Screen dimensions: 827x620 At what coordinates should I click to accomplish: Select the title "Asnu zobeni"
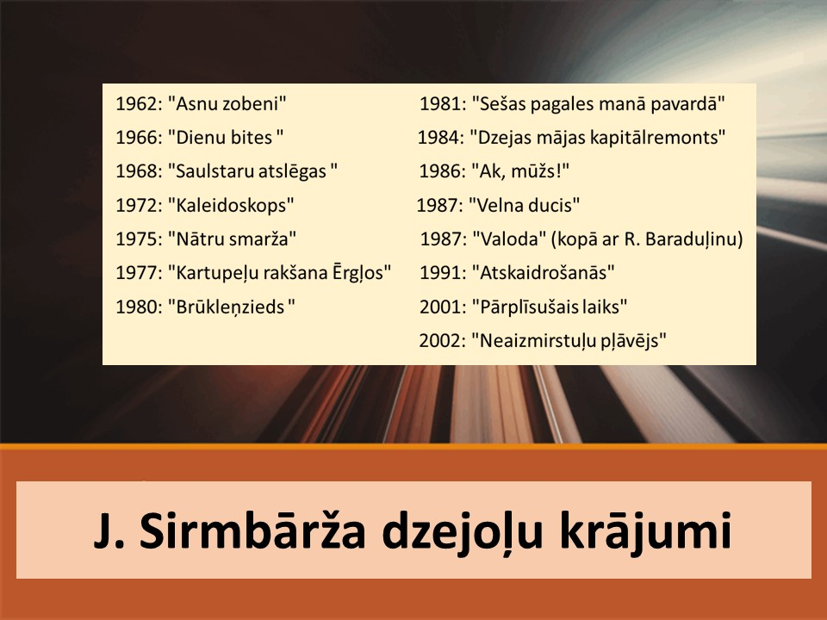click(x=227, y=104)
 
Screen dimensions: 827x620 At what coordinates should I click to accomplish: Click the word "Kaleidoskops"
click(x=231, y=205)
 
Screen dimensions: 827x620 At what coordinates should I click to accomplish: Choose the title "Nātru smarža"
click(x=232, y=239)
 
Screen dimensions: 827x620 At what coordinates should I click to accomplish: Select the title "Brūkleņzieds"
click(x=232, y=307)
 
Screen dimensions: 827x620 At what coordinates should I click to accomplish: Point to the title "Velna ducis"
click(x=525, y=205)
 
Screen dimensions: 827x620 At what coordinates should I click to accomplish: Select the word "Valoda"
click(x=509, y=239)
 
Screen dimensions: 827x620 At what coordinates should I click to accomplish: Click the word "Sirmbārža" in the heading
click(x=252, y=530)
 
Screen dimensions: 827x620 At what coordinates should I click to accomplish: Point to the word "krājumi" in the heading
click(x=645, y=531)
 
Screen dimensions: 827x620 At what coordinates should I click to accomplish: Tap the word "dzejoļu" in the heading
click(x=462, y=532)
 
